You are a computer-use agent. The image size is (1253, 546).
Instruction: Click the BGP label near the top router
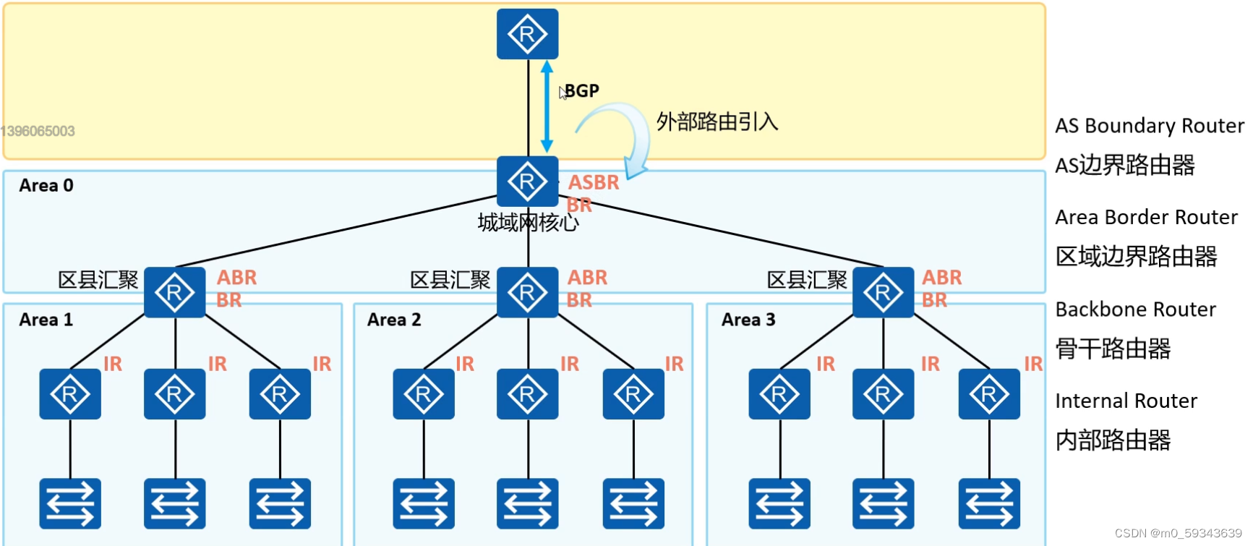pyautogui.click(x=581, y=91)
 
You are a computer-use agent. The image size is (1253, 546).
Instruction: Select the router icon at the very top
pyautogui.click(x=527, y=34)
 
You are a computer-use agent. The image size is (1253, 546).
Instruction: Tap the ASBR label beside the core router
pyautogui.click(x=594, y=182)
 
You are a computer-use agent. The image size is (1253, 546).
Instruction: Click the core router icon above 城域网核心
pyautogui.click(x=527, y=182)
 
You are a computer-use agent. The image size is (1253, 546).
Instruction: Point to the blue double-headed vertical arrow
pyautogui.click(x=547, y=106)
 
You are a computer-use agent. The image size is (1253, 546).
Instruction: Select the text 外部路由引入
pyautogui.click(x=717, y=121)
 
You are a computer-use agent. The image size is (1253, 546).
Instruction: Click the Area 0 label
pyautogui.click(x=46, y=186)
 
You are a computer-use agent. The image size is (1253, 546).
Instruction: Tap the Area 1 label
pyautogui.click(x=46, y=320)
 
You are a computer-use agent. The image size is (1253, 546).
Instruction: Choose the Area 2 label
pyautogui.click(x=394, y=320)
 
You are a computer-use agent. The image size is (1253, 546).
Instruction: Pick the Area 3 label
pyautogui.click(x=748, y=320)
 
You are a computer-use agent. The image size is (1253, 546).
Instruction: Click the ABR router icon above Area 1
pyautogui.click(x=174, y=292)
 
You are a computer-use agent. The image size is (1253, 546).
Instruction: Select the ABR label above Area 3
pyautogui.click(x=941, y=278)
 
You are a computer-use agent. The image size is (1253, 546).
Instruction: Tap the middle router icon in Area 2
pyautogui.click(x=527, y=394)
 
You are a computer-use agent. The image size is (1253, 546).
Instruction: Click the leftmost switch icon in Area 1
pyautogui.click(x=70, y=503)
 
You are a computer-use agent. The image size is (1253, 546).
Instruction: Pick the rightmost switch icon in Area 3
pyautogui.click(x=989, y=503)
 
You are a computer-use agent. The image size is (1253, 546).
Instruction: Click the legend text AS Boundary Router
pyautogui.click(x=1149, y=126)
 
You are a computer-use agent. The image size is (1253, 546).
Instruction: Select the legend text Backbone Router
pyautogui.click(x=1135, y=310)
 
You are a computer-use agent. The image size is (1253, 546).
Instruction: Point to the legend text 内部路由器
pyautogui.click(x=1113, y=440)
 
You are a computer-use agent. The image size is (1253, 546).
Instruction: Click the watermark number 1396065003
pyautogui.click(x=38, y=131)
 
